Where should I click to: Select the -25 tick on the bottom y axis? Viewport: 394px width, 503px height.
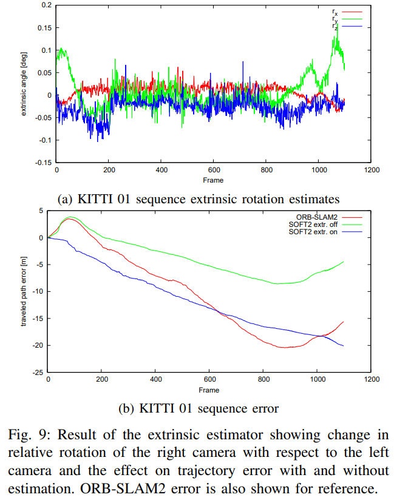pos(39,372)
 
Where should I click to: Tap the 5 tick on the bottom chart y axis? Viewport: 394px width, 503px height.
pos(42,211)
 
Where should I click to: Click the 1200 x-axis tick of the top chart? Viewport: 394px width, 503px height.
pos(371,170)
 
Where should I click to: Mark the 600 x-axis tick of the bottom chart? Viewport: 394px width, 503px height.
pos(209,380)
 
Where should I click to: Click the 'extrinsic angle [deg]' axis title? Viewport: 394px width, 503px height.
pos(24,84)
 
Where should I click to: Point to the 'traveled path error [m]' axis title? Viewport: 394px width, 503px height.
pos(24,291)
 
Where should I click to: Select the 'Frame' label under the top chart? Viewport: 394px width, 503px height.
pos(213,180)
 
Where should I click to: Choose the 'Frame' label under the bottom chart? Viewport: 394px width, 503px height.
pos(209,390)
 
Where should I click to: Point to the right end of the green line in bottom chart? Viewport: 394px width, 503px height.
pos(344,262)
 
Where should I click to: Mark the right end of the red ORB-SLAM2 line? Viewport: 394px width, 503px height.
pos(344,322)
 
